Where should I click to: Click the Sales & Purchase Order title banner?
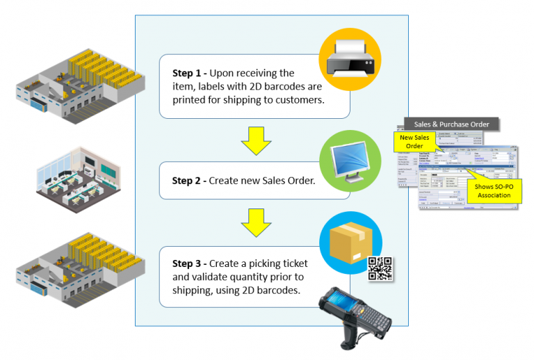pyautogui.click(x=451, y=124)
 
